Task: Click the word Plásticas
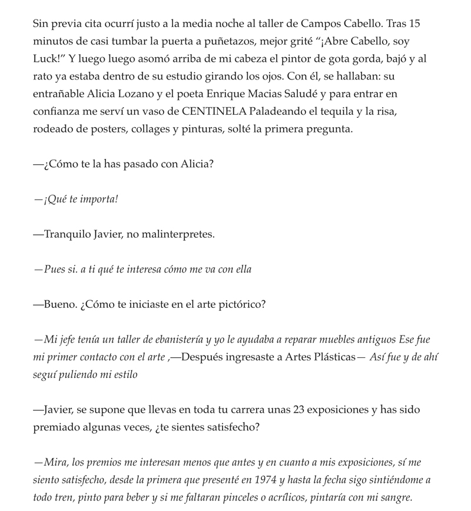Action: [327, 357]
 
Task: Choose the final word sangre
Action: [394, 497]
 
